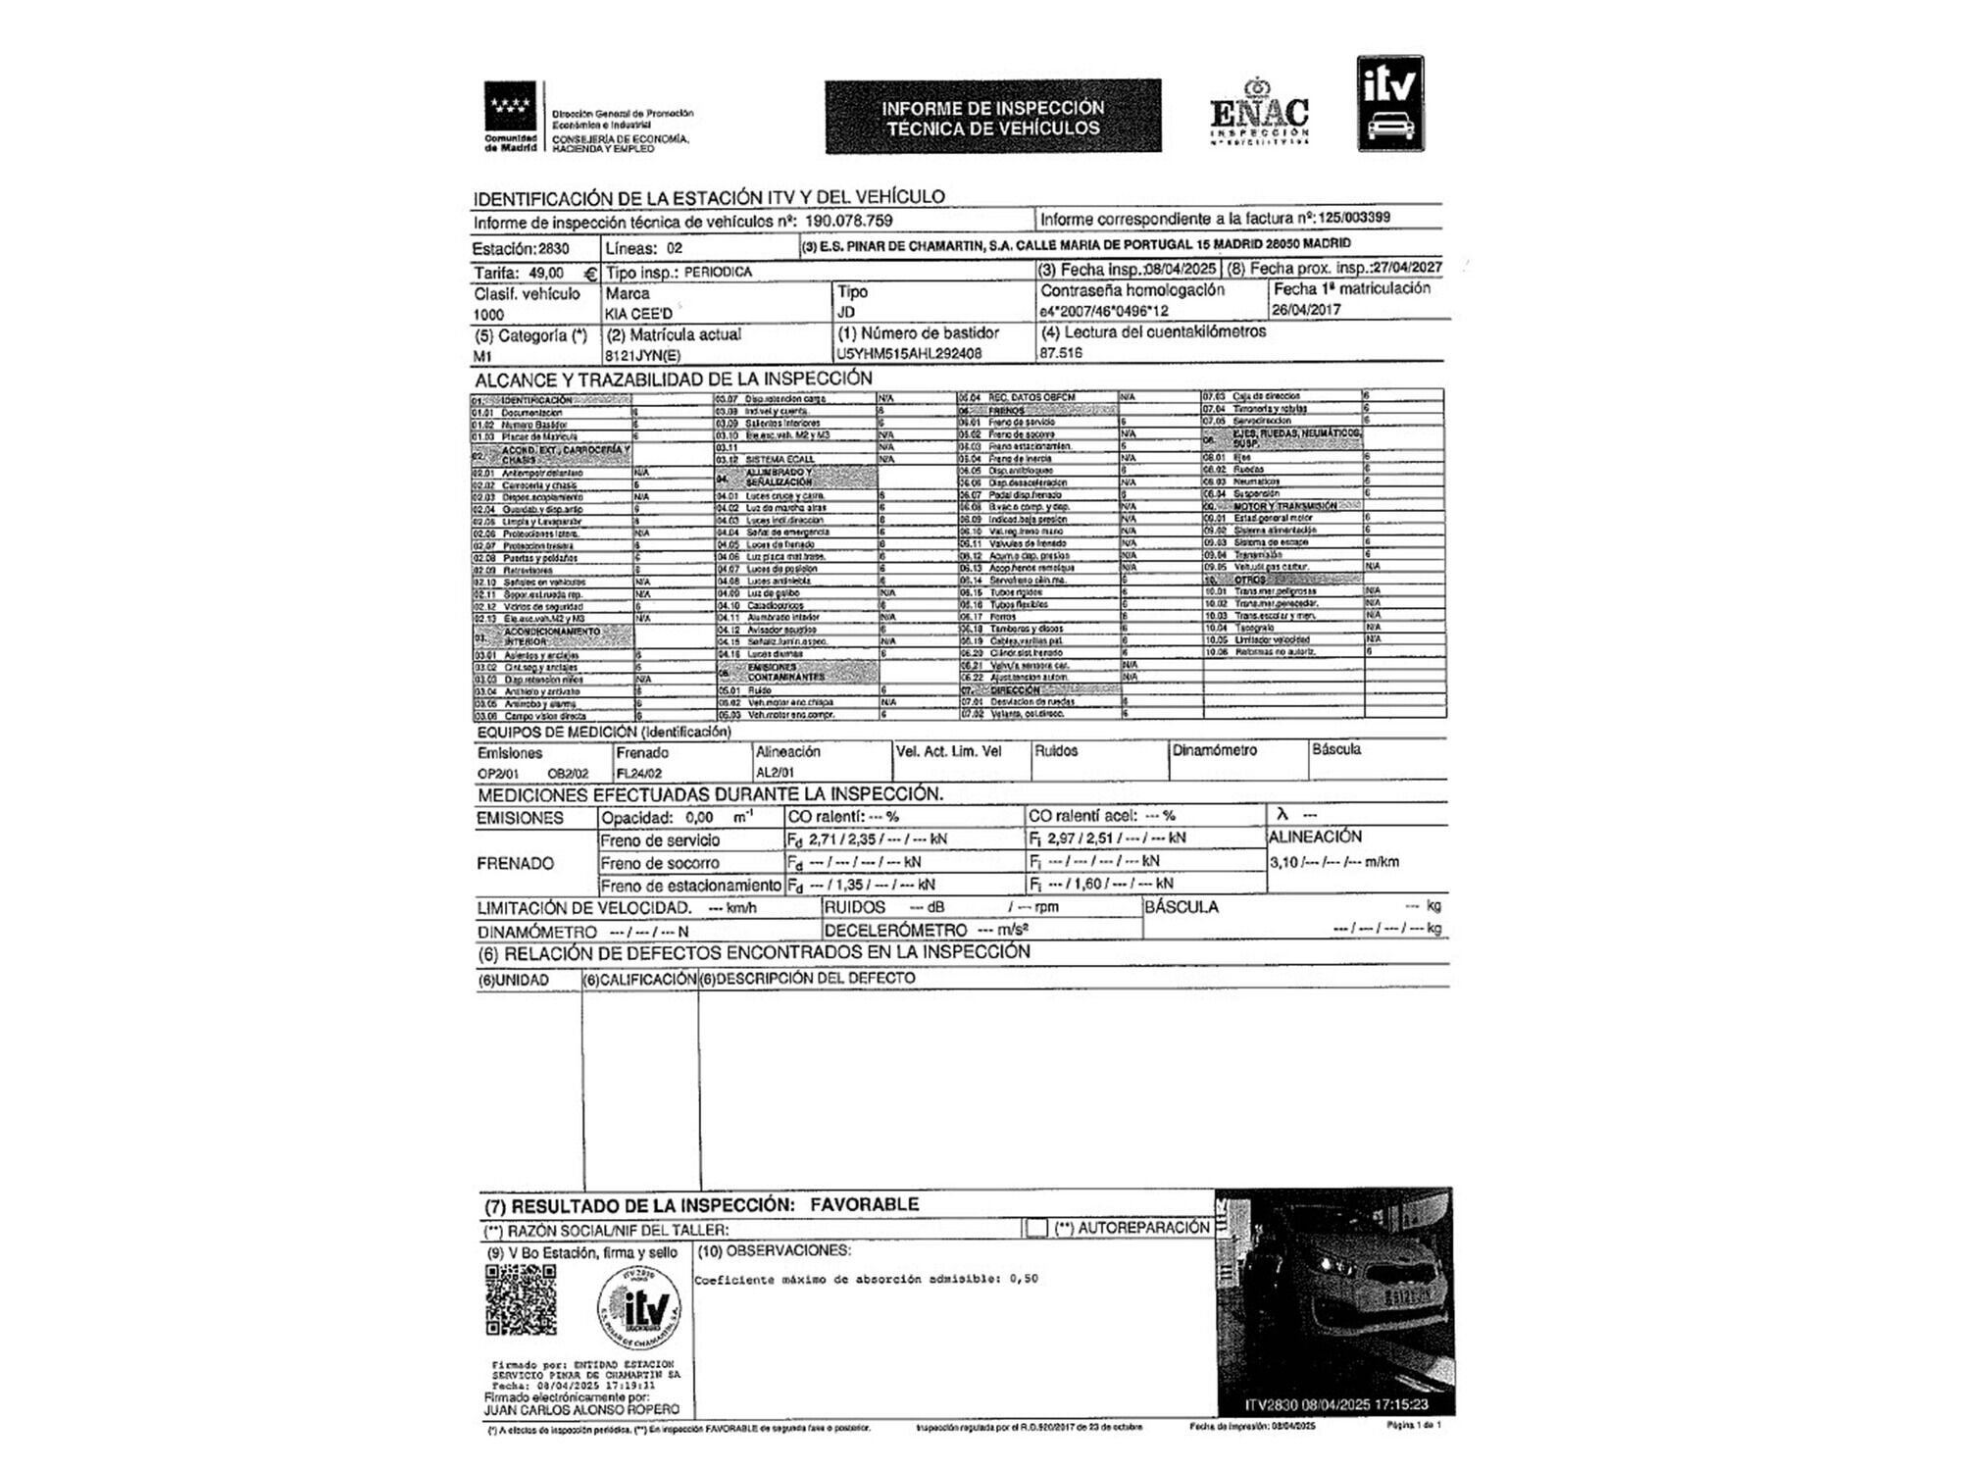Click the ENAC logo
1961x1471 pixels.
(x=1259, y=113)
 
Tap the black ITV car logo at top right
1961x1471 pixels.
(x=1389, y=103)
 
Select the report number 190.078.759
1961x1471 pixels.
(x=848, y=222)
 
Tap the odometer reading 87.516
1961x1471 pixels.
(x=1061, y=352)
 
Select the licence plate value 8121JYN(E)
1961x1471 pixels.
(x=642, y=356)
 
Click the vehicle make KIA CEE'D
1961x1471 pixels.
(x=639, y=314)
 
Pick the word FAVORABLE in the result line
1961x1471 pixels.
(x=864, y=1204)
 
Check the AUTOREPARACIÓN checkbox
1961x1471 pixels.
(x=1035, y=1228)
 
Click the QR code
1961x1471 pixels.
(x=521, y=1299)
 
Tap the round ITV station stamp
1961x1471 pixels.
(x=638, y=1308)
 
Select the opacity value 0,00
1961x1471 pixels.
(x=699, y=818)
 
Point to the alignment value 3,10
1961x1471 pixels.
(x=1283, y=863)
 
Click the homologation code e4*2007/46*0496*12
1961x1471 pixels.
(x=1104, y=312)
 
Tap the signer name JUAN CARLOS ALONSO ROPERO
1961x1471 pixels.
(x=581, y=1409)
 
